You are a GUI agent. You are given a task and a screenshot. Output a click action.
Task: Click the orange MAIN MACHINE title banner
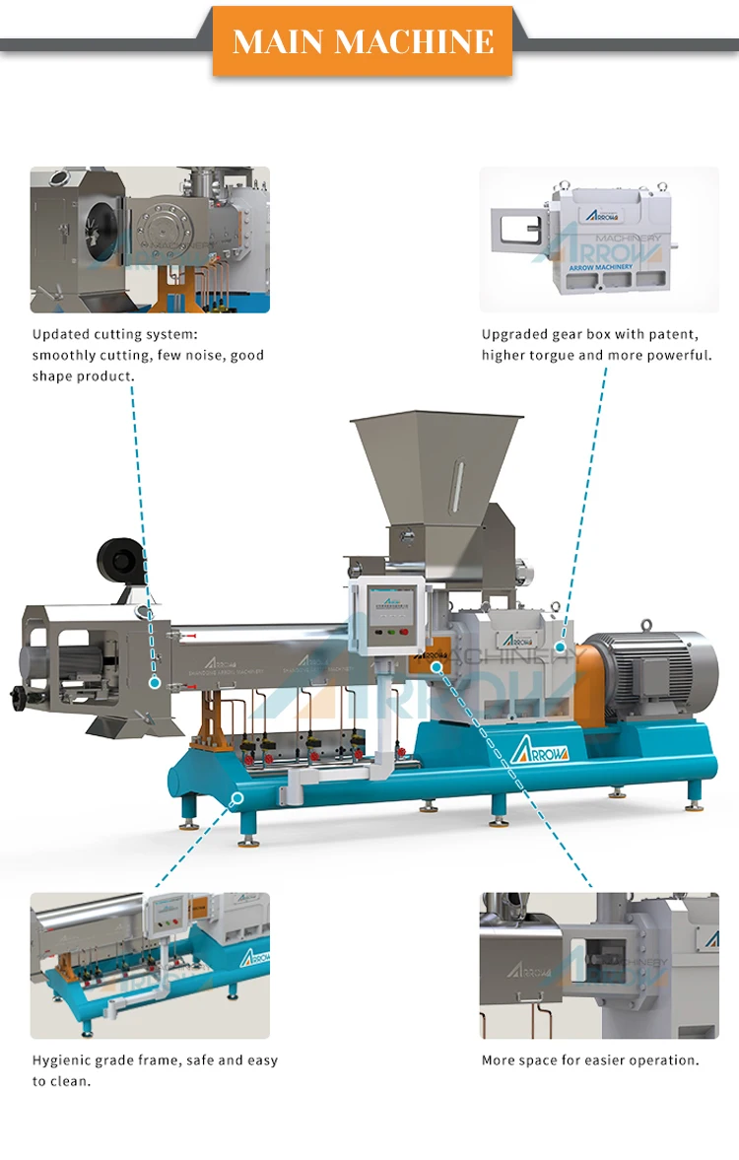coord(363,41)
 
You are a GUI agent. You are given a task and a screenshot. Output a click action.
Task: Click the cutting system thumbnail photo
coord(150,239)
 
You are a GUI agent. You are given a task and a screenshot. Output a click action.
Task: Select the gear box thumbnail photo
coord(599,239)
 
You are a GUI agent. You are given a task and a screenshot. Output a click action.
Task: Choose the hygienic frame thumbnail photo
coord(150,965)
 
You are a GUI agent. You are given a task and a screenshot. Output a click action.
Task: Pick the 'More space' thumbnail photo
coord(599,965)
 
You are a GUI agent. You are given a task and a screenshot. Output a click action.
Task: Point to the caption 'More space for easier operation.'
coord(590,1060)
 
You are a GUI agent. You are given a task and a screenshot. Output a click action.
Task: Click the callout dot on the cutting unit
coord(154,681)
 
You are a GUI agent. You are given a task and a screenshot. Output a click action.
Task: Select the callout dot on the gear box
coord(560,648)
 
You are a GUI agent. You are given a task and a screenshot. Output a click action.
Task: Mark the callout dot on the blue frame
coord(236,797)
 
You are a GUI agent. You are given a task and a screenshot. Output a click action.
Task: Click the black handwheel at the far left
coord(17,699)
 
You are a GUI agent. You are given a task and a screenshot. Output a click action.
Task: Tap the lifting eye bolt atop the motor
coord(646,626)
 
